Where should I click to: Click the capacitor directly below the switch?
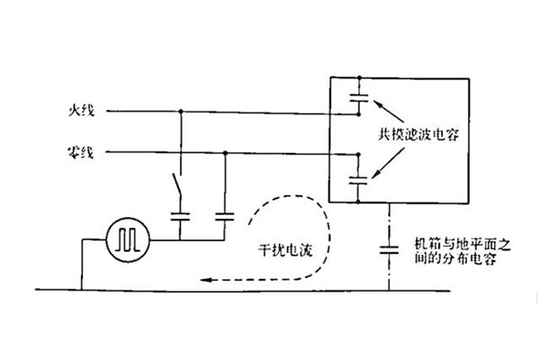pos(181,216)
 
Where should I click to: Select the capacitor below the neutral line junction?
pos(223,216)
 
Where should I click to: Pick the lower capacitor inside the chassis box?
pos(358,179)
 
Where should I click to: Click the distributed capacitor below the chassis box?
pos(389,247)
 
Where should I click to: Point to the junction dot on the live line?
pos(181,112)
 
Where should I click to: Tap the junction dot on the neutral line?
pos(223,152)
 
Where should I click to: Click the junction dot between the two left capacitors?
pos(181,238)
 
